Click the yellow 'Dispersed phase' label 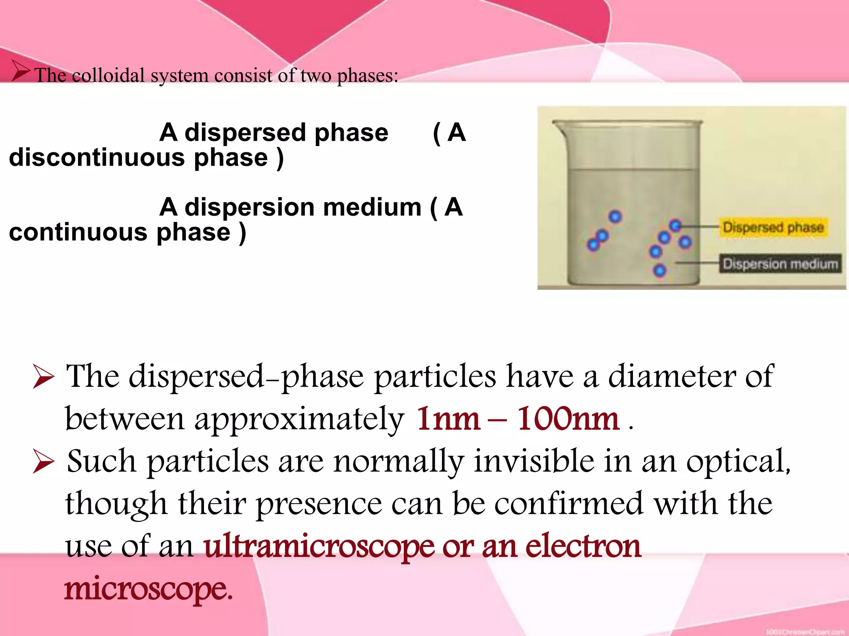point(773,227)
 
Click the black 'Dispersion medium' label point(780,264)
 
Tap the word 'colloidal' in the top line point(108,76)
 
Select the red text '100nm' point(568,419)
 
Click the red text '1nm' point(448,419)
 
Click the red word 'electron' point(583,546)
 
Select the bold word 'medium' point(372,207)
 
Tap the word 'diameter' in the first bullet point(672,376)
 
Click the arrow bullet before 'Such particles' point(44,463)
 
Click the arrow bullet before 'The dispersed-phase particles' point(44,377)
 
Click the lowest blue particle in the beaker point(659,271)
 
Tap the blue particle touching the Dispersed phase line point(676,225)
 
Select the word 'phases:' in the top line point(367,76)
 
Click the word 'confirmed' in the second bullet point(569,503)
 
